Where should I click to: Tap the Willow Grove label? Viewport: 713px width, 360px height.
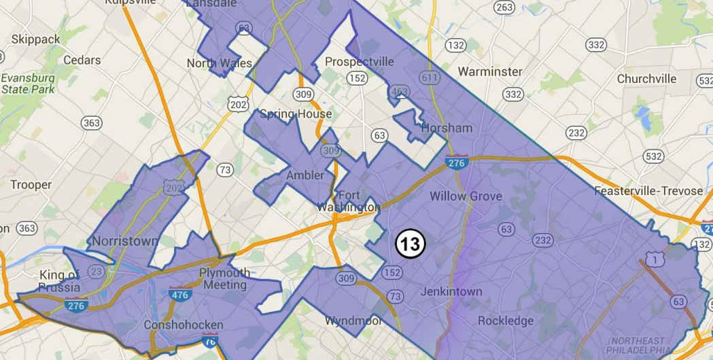[x=466, y=196]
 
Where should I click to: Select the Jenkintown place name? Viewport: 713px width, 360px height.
[x=451, y=291]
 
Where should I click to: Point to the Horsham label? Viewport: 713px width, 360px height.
[x=447, y=128]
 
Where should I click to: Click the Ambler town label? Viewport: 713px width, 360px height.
[x=305, y=175]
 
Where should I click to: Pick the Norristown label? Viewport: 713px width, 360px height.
[x=124, y=241]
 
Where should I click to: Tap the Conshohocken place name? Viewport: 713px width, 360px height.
[x=183, y=325]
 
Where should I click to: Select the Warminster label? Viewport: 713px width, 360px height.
[x=489, y=71]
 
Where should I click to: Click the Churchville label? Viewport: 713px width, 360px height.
[x=646, y=79]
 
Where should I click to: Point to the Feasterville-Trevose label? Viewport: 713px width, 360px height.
[x=648, y=191]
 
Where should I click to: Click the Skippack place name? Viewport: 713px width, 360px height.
[x=36, y=39]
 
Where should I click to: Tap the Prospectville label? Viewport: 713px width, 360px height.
[x=360, y=62]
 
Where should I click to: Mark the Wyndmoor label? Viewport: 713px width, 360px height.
[x=353, y=321]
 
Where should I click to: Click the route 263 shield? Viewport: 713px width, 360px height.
[x=504, y=7]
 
